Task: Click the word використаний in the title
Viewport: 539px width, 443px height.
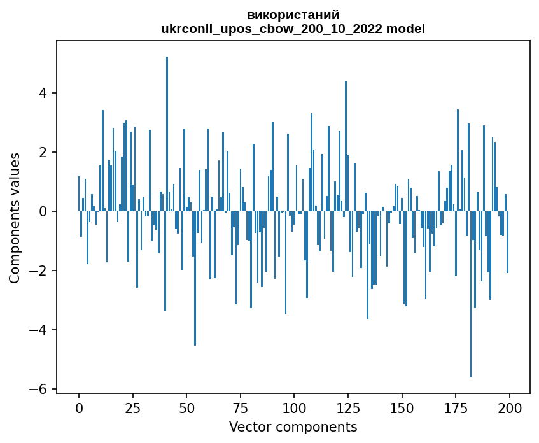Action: [x=293, y=15]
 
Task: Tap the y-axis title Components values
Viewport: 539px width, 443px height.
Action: [x=15, y=218]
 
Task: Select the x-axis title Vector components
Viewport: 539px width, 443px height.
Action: [x=293, y=426]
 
